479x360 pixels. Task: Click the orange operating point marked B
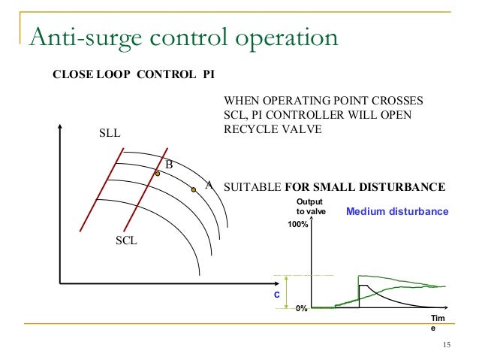click(x=158, y=174)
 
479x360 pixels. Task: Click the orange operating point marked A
click(x=193, y=189)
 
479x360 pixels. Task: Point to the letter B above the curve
click(x=170, y=165)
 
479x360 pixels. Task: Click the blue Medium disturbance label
click(x=396, y=212)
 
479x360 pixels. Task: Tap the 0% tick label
click(x=301, y=308)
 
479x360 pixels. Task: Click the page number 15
click(x=447, y=345)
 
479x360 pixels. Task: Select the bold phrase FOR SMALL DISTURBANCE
click(x=366, y=186)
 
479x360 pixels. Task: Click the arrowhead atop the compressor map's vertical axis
click(x=59, y=127)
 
